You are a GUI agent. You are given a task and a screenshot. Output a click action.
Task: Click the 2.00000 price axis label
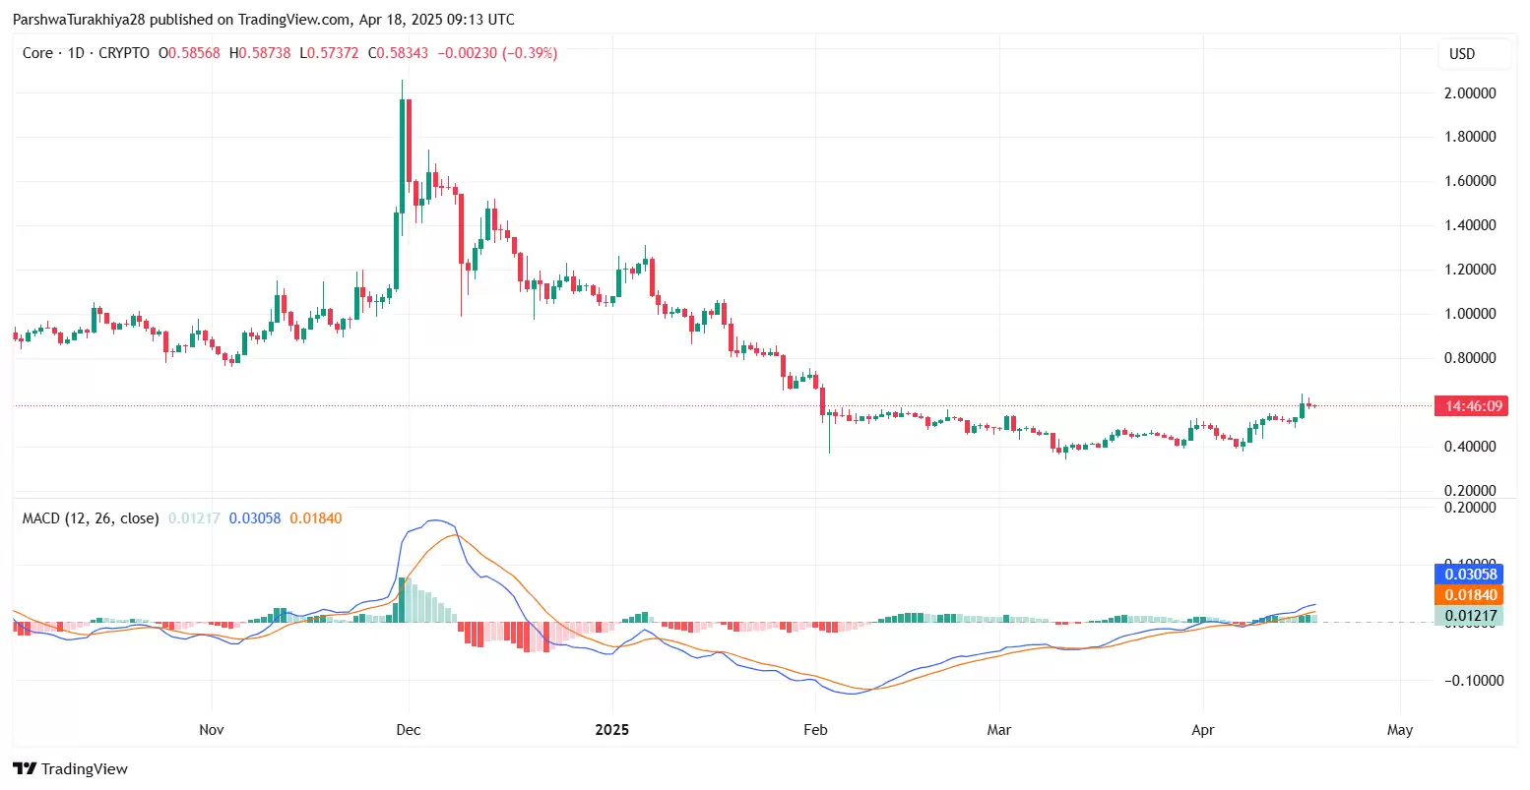pos(1470,93)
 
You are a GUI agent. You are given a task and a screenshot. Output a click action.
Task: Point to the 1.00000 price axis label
pos(1470,314)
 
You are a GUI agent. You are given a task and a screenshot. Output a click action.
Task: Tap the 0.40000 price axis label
pos(1470,447)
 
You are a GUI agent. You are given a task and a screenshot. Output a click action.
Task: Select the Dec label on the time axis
pos(408,730)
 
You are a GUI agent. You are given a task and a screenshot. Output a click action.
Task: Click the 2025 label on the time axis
pos(611,730)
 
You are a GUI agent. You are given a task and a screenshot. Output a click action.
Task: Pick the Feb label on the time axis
pos(815,730)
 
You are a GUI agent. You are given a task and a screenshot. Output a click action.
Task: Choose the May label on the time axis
pos(1399,730)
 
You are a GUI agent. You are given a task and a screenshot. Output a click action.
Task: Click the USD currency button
pos(1462,54)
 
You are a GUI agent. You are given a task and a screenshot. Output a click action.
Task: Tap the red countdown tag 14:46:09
pos(1470,406)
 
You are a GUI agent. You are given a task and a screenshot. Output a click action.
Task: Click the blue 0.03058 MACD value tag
pos(1470,575)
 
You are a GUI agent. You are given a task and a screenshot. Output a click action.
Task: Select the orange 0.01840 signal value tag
pos(1470,595)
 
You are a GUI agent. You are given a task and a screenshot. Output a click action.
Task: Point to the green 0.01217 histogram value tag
pos(1470,617)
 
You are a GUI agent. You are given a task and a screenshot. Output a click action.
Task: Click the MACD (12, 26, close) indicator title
pos(91,518)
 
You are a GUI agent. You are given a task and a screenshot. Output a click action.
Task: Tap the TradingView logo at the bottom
pos(71,769)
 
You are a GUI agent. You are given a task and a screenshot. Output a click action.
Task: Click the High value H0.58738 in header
pos(260,53)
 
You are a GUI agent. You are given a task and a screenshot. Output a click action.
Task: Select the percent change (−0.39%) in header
pos(530,53)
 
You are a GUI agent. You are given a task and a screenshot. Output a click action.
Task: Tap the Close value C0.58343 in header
pos(398,53)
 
